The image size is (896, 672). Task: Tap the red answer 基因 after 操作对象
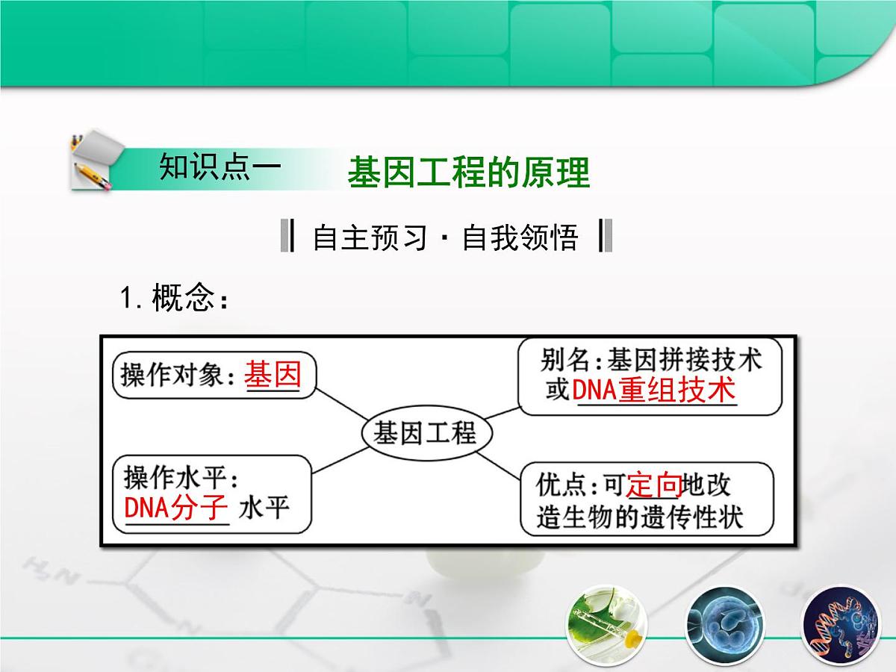(273, 373)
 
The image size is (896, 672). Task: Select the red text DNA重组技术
(654, 390)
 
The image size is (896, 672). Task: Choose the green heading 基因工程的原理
(469, 172)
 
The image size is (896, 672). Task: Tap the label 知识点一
(220, 167)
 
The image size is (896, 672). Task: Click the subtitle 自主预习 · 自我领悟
(445, 237)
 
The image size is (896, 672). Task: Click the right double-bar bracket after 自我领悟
(606, 236)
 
